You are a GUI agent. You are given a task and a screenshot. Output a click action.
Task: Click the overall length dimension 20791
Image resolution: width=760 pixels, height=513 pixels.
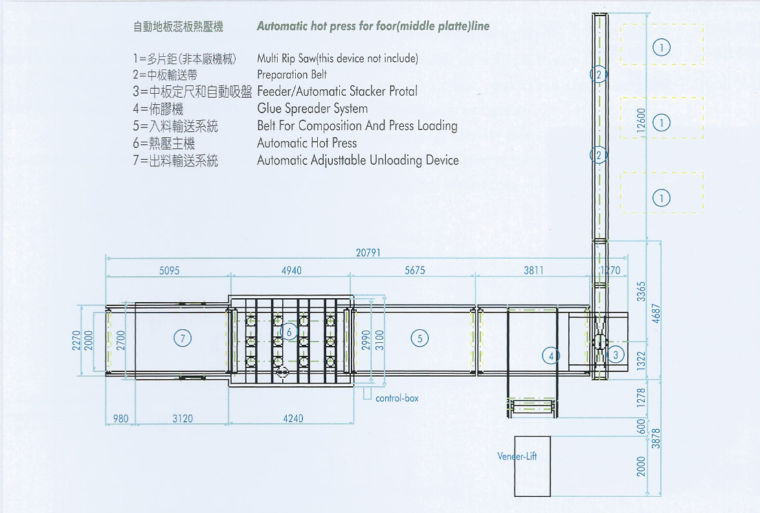pyautogui.click(x=368, y=253)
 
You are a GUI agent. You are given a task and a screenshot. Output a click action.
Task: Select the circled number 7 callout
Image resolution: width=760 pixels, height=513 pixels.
pyautogui.click(x=183, y=338)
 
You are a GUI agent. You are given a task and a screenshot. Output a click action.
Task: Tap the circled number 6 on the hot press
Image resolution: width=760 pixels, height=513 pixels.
pyautogui.click(x=289, y=332)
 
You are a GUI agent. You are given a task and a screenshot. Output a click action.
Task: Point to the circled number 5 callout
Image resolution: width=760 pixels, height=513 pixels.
pyautogui.click(x=419, y=338)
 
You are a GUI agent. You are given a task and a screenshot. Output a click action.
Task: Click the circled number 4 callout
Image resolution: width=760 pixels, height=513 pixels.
pyautogui.click(x=551, y=356)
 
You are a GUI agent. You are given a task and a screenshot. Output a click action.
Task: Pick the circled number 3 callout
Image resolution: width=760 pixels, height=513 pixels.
pyautogui.click(x=616, y=355)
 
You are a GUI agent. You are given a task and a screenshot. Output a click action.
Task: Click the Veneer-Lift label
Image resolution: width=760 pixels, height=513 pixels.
pyautogui.click(x=517, y=456)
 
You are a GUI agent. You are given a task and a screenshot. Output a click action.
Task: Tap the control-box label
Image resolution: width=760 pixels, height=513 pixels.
pyautogui.click(x=397, y=398)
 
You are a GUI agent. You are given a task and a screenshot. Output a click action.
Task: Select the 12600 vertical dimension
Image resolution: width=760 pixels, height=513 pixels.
pyautogui.click(x=642, y=120)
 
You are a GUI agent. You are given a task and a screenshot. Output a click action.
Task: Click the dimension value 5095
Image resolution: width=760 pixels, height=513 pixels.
pyautogui.click(x=169, y=270)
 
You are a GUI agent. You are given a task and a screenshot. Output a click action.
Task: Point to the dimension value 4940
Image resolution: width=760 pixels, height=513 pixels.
pyautogui.click(x=291, y=270)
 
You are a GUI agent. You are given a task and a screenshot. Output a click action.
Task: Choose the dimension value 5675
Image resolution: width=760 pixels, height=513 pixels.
pyautogui.click(x=415, y=270)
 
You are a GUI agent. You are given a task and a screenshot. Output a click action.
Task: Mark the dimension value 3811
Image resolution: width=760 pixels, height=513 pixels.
pyautogui.click(x=533, y=270)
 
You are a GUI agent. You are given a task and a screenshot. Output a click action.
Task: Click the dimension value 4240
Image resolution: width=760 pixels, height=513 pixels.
pyautogui.click(x=293, y=418)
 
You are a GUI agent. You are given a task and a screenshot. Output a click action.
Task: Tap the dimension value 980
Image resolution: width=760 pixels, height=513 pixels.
pyautogui.click(x=120, y=419)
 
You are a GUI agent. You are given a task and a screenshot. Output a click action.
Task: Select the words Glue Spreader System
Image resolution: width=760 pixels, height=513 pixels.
pyautogui.click(x=313, y=109)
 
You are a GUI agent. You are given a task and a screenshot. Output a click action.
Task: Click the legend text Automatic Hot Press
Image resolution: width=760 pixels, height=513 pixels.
pyautogui.click(x=307, y=143)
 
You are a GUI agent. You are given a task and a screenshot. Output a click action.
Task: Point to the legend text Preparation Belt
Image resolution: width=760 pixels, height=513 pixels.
pyautogui.click(x=292, y=74)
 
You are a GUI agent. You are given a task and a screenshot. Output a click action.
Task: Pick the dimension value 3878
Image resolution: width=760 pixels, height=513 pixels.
pyautogui.click(x=655, y=438)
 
